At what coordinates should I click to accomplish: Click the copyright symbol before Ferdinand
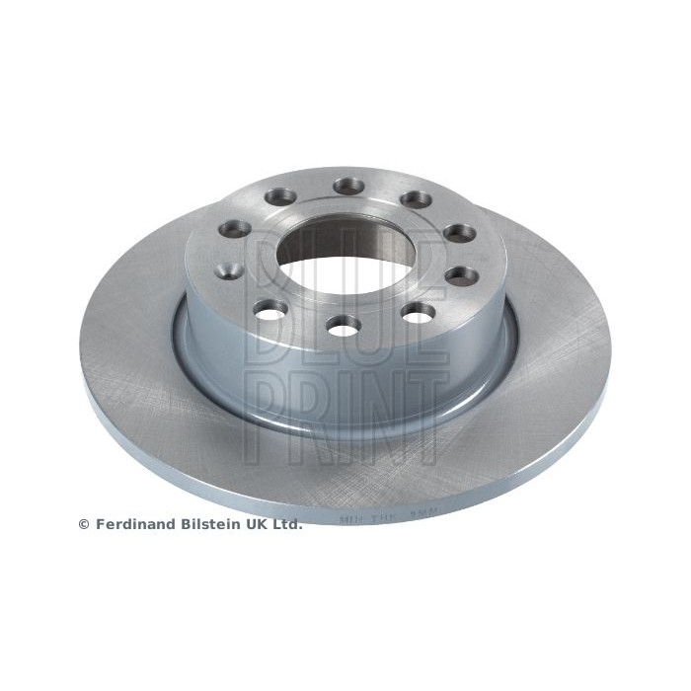coord(83,525)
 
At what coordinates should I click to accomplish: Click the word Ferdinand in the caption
coord(131,525)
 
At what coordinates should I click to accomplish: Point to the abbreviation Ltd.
coord(286,525)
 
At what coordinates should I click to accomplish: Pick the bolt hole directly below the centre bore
coord(343,326)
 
